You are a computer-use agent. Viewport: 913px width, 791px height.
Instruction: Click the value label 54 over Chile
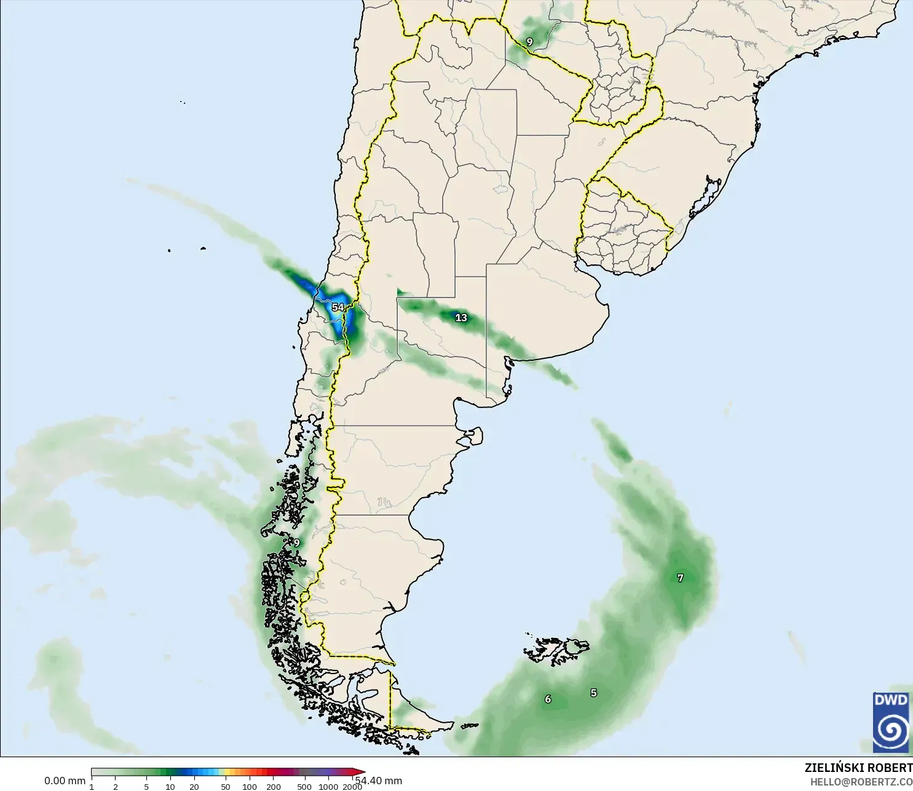click(x=338, y=307)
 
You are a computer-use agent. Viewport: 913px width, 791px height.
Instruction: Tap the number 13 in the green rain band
click(x=461, y=318)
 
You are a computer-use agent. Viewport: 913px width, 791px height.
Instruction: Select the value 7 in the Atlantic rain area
click(x=680, y=578)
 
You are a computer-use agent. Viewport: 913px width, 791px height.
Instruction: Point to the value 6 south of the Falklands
click(x=548, y=699)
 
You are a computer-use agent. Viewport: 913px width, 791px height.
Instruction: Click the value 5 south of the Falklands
click(x=593, y=693)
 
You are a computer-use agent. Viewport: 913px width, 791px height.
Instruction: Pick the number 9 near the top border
click(x=529, y=42)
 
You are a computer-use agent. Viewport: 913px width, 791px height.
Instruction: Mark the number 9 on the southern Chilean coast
click(x=296, y=543)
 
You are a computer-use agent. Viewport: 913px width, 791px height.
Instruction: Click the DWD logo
click(x=891, y=722)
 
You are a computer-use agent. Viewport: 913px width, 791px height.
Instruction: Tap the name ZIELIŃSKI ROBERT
click(x=858, y=768)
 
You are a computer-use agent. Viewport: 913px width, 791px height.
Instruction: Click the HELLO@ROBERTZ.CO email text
click(x=861, y=782)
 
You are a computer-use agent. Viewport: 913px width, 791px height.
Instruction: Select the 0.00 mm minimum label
click(x=65, y=781)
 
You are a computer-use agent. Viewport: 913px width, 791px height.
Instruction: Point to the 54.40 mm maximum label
click(x=380, y=781)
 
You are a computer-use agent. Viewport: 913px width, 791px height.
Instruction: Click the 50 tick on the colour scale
click(x=226, y=787)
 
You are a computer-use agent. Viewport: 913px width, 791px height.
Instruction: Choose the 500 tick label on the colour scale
click(x=304, y=787)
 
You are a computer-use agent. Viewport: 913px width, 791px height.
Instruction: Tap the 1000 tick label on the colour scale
click(x=328, y=787)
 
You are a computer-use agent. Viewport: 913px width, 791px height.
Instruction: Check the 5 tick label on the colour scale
click(x=146, y=787)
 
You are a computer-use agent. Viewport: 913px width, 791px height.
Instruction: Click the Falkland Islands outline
click(x=556, y=650)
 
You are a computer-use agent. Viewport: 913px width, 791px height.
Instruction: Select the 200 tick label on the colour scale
click(x=274, y=787)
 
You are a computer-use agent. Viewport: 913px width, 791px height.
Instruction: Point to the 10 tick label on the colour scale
click(x=170, y=787)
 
